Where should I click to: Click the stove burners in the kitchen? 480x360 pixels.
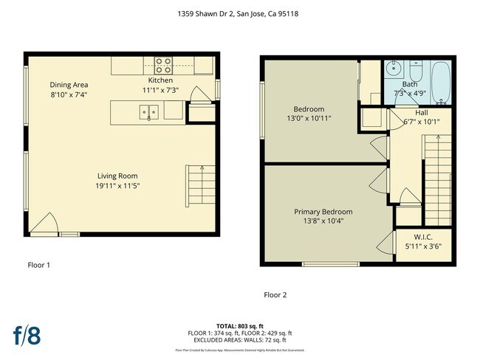(162, 64)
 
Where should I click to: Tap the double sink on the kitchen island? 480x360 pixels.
(150, 111)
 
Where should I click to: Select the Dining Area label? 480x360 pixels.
(69, 85)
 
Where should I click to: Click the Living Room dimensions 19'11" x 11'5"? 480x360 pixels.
(118, 186)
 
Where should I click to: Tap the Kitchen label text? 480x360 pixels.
(160, 80)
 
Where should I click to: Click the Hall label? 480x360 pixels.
(421, 113)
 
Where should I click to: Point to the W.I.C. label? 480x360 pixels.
(422, 237)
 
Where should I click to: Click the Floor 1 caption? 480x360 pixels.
(38, 264)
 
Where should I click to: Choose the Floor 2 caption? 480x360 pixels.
(275, 295)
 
